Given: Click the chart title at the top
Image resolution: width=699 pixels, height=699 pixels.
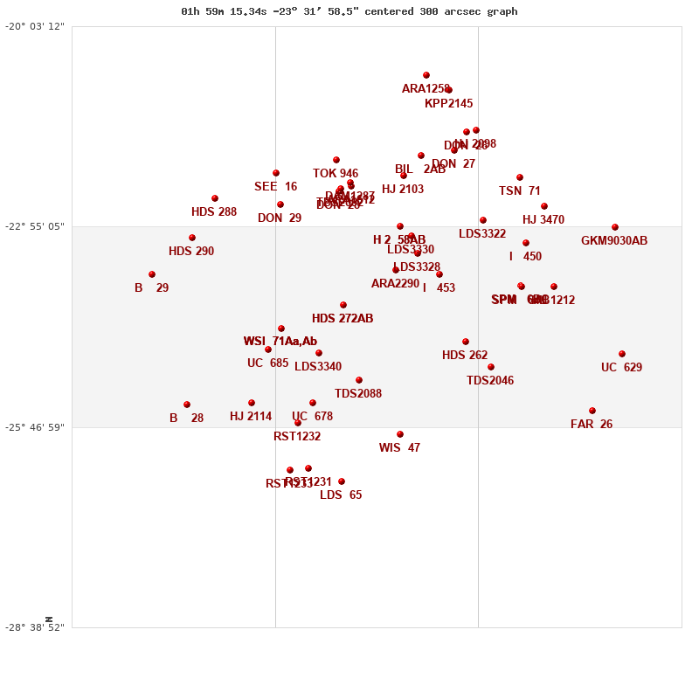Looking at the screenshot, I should click(x=349, y=11).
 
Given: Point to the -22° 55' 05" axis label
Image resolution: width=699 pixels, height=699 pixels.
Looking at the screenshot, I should click(x=35, y=226).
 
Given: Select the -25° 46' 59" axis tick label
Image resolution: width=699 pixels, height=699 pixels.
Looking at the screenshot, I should click(x=35, y=427).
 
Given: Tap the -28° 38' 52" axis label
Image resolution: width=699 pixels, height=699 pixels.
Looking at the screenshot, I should click(x=35, y=627).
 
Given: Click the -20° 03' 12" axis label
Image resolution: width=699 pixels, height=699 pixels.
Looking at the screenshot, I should click(x=35, y=26).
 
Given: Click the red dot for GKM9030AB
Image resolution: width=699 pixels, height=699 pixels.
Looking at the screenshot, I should click(x=615, y=227).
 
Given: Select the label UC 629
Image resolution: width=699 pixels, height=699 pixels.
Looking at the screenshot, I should click(x=621, y=368).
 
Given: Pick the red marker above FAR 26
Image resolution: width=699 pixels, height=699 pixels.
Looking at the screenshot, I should click(x=592, y=411).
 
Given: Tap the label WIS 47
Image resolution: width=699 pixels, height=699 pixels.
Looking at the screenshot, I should click(x=399, y=448).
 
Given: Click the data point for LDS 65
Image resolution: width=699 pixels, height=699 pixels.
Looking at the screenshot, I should click(x=342, y=481).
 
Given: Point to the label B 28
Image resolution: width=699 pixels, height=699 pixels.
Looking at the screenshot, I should click(x=186, y=419).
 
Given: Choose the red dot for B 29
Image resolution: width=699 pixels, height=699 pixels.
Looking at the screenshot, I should click(x=152, y=274).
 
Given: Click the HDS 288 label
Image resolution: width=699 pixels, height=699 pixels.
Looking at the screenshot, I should click(x=214, y=212).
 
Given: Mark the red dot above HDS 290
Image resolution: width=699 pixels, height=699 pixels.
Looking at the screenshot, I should click(x=192, y=238).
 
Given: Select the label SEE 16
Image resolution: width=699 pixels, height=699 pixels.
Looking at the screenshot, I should click(x=275, y=187).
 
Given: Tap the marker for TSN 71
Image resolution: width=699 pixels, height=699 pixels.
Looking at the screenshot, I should click(x=520, y=177).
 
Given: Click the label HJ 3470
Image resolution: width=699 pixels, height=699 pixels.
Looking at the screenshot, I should click(x=543, y=220).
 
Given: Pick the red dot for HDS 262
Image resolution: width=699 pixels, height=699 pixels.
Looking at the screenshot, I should click(x=466, y=342).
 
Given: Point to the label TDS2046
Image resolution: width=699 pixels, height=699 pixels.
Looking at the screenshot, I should click(x=490, y=381).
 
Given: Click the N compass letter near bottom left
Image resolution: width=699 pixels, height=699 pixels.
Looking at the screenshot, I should click(x=49, y=619).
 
